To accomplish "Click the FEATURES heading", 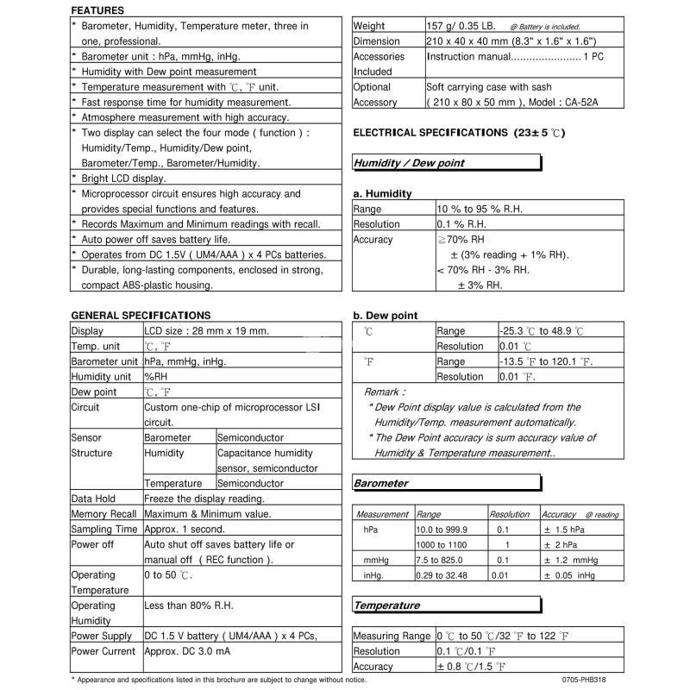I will (97, 10).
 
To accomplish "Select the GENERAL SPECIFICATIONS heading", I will (140, 316).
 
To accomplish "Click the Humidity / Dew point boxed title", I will (409, 163).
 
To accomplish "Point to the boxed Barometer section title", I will (381, 484).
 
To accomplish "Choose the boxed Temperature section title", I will (386, 605).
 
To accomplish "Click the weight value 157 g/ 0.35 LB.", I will (462, 26).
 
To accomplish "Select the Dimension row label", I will (376, 41).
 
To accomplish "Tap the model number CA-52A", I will (599, 102).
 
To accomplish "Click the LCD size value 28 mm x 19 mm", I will (207, 331).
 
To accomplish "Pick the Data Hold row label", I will (93, 499).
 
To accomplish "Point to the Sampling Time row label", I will (103, 529).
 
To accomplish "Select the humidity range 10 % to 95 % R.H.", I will (480, 209).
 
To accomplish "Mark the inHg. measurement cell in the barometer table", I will (377, 574).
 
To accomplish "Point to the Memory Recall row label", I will (104, 514).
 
